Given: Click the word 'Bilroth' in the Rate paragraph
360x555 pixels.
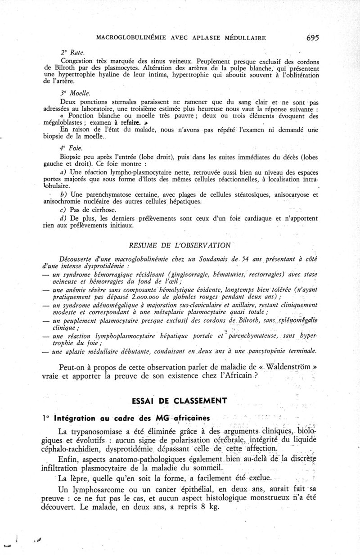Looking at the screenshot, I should [x=58, y=68].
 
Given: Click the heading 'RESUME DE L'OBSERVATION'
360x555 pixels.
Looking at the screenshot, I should [x=180, y=245].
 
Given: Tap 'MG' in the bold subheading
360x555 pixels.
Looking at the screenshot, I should [x=163, y=418].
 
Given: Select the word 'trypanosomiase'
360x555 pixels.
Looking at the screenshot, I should [x=95, y=430].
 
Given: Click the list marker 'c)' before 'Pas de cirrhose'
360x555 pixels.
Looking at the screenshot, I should [x=64, y=210].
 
